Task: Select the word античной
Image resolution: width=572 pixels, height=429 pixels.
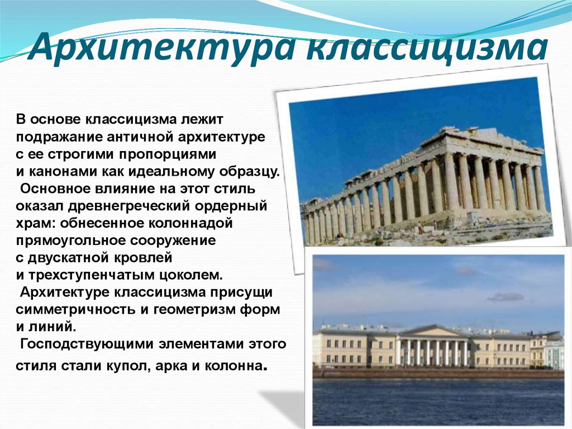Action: click(x=140, y=137)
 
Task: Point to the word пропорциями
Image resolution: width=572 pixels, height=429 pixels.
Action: click(x=168, y=155)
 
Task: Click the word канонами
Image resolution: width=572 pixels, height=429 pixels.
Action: click(x=63, y=172)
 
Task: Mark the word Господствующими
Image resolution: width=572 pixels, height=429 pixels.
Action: click(x=87, y=345)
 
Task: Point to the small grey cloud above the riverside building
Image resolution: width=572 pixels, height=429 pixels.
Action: click(x=505, y=296)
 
